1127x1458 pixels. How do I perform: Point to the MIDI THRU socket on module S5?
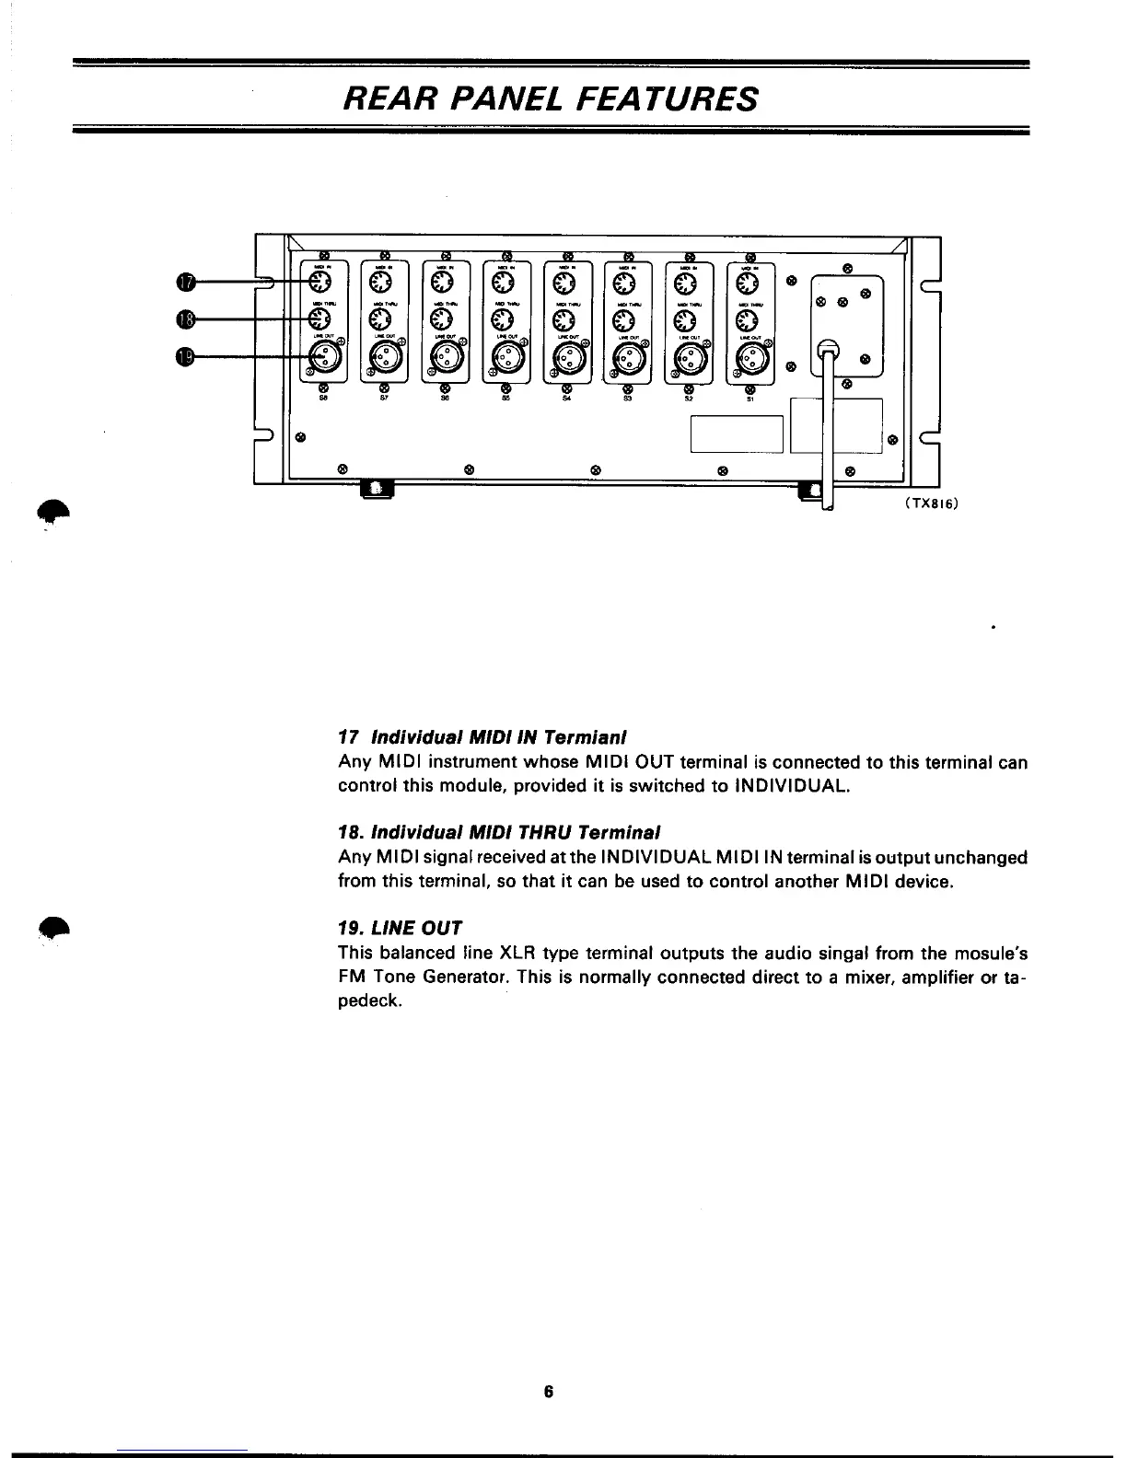point(505,319)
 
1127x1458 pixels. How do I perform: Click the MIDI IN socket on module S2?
point(686,282)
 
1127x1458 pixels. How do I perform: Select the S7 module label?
point(384,400)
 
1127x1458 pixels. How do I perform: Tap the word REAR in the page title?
point(381,97)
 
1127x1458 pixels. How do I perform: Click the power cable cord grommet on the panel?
point(827,350)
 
